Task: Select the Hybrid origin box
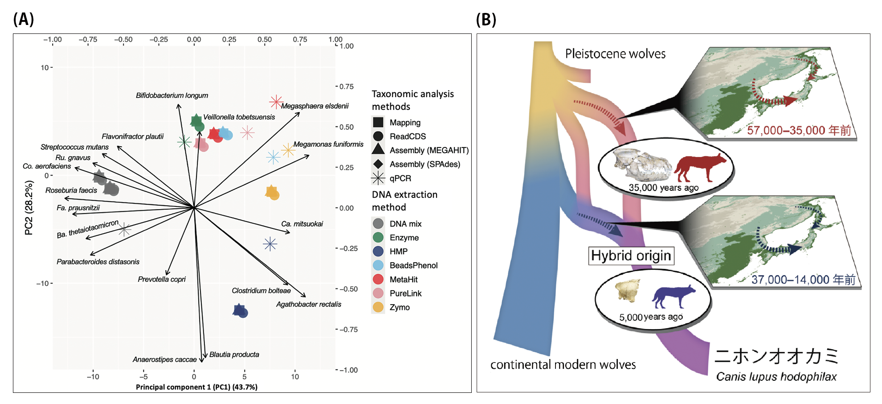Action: (x=631, y=256)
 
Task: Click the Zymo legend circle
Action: (x=378, y=307)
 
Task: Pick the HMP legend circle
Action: (x=378, y=251)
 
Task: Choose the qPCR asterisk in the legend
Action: (x=378, y=178)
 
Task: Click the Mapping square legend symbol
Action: (x=378, y=122)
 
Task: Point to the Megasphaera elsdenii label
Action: (x=314, y=106)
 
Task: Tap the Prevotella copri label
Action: (x=162, y=280)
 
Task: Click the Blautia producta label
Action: (x=234, y=355)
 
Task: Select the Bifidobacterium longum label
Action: (x=172, y=95)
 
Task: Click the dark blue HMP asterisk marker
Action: (x=270, y=244)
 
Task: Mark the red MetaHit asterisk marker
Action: (x=276, y=102)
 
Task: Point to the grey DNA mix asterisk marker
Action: (x=125, y=230)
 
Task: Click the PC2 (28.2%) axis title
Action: (x=29, y=207)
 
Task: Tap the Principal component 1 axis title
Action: (x=196, y=387)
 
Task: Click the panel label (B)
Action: (x=486, y=20)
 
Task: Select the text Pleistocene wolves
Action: (x=615, y=54)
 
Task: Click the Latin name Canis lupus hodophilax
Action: (x=776, y=377)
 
